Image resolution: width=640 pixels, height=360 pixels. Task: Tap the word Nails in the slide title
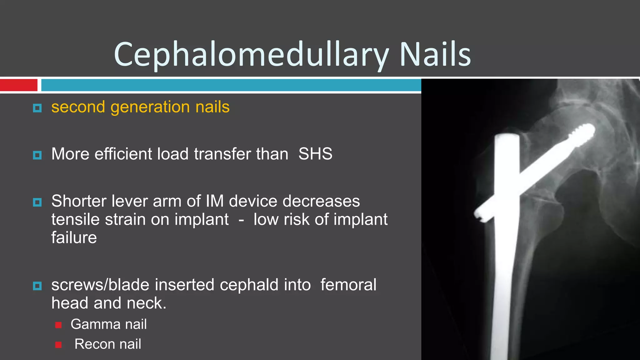435,55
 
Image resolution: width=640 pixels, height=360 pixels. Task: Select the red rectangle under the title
18,85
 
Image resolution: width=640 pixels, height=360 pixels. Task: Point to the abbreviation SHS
315,154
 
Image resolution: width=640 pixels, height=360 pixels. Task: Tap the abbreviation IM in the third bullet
215,201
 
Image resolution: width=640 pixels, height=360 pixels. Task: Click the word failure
74,238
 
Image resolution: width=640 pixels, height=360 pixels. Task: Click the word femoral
348,285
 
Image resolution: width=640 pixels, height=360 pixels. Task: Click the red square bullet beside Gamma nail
58,325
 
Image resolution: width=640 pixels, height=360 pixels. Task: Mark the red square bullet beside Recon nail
58,345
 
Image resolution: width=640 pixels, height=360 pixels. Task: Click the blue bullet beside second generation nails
37,108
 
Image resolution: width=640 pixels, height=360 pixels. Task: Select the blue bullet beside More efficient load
37,155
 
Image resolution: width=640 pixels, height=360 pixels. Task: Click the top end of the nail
507,137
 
